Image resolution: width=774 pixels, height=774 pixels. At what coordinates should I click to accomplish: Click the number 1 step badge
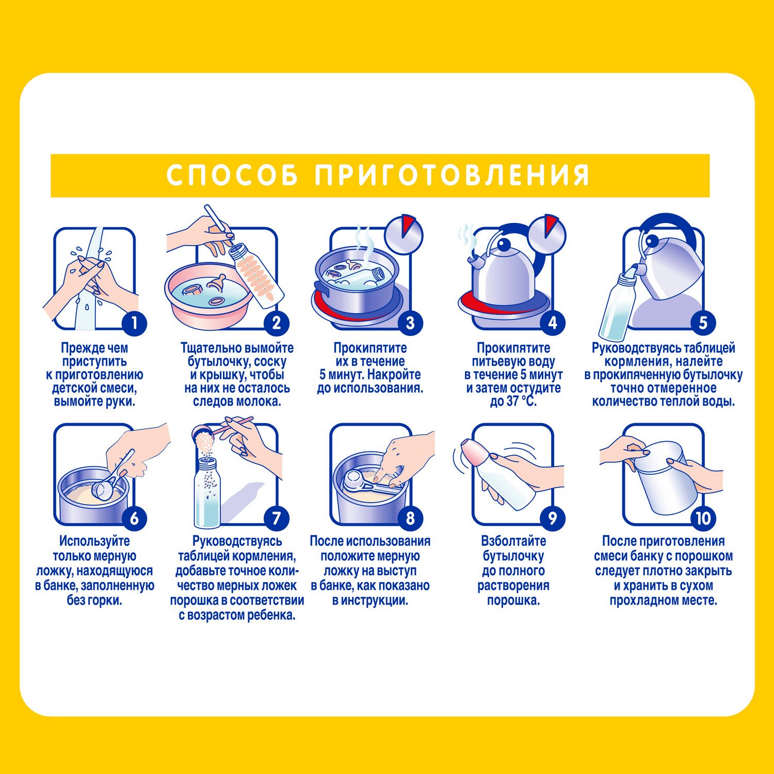tap(135, 323)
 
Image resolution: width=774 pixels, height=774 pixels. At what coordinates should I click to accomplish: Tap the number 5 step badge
tap(703, 323)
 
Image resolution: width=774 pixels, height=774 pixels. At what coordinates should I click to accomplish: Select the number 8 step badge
tap(410, 518)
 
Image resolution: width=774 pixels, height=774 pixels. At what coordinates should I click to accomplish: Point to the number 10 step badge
tap(703, 518)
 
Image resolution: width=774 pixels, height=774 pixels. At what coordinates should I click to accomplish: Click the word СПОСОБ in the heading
tap(232, 175)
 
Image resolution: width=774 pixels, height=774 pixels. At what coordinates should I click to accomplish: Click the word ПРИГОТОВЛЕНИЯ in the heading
tap(452, 175)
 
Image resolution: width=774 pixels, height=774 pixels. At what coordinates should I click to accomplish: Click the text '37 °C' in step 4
tap(522, 401)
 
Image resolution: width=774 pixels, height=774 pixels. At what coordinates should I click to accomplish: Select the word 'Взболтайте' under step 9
tap(513, 541)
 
